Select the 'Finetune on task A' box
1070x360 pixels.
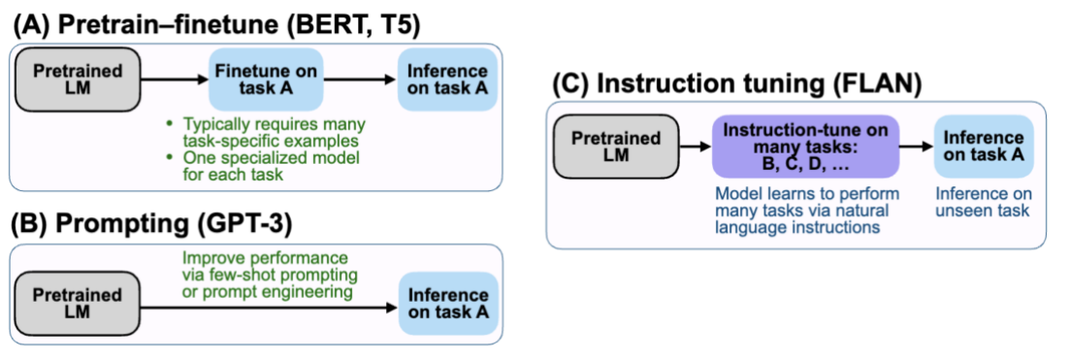264,81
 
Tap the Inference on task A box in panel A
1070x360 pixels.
448,81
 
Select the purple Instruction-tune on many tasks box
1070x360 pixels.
805,147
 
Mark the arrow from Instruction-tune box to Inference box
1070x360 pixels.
917,148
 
